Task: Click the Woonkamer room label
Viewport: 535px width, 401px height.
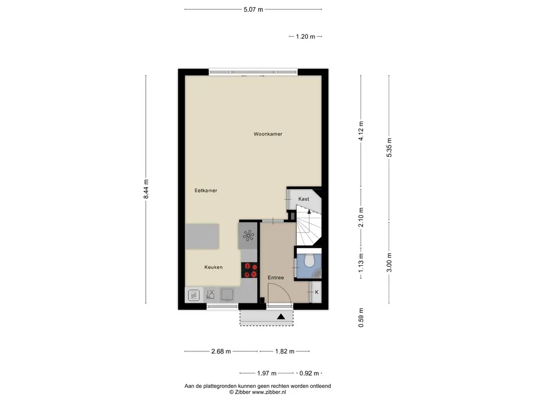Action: [x=268, y=134]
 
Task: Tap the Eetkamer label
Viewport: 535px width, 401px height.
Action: [x=206, y=191]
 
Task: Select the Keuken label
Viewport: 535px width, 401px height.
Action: [x=213, y=267]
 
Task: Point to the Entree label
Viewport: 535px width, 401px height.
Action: [x=276, y=277]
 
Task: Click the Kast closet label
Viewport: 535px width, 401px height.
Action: [x=304, y=199]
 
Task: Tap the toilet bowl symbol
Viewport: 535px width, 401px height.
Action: [x=309, y=260]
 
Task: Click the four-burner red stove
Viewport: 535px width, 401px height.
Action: [x=250, y=269]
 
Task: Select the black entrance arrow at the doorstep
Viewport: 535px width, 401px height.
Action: [x=281, y=316]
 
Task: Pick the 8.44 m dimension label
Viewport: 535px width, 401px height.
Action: [x=146, y=189]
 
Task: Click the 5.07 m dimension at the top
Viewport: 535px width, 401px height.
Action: [x=253, y=9]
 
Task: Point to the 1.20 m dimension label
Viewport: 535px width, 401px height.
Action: [x=306, y=37]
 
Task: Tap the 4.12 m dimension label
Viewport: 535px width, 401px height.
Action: [x=360, y=131]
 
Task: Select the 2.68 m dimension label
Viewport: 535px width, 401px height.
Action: [x=221, y=351]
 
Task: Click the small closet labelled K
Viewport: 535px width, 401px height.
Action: [x=316, y=292]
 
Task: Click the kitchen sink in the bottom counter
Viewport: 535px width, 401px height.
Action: [x=227, y=294]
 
